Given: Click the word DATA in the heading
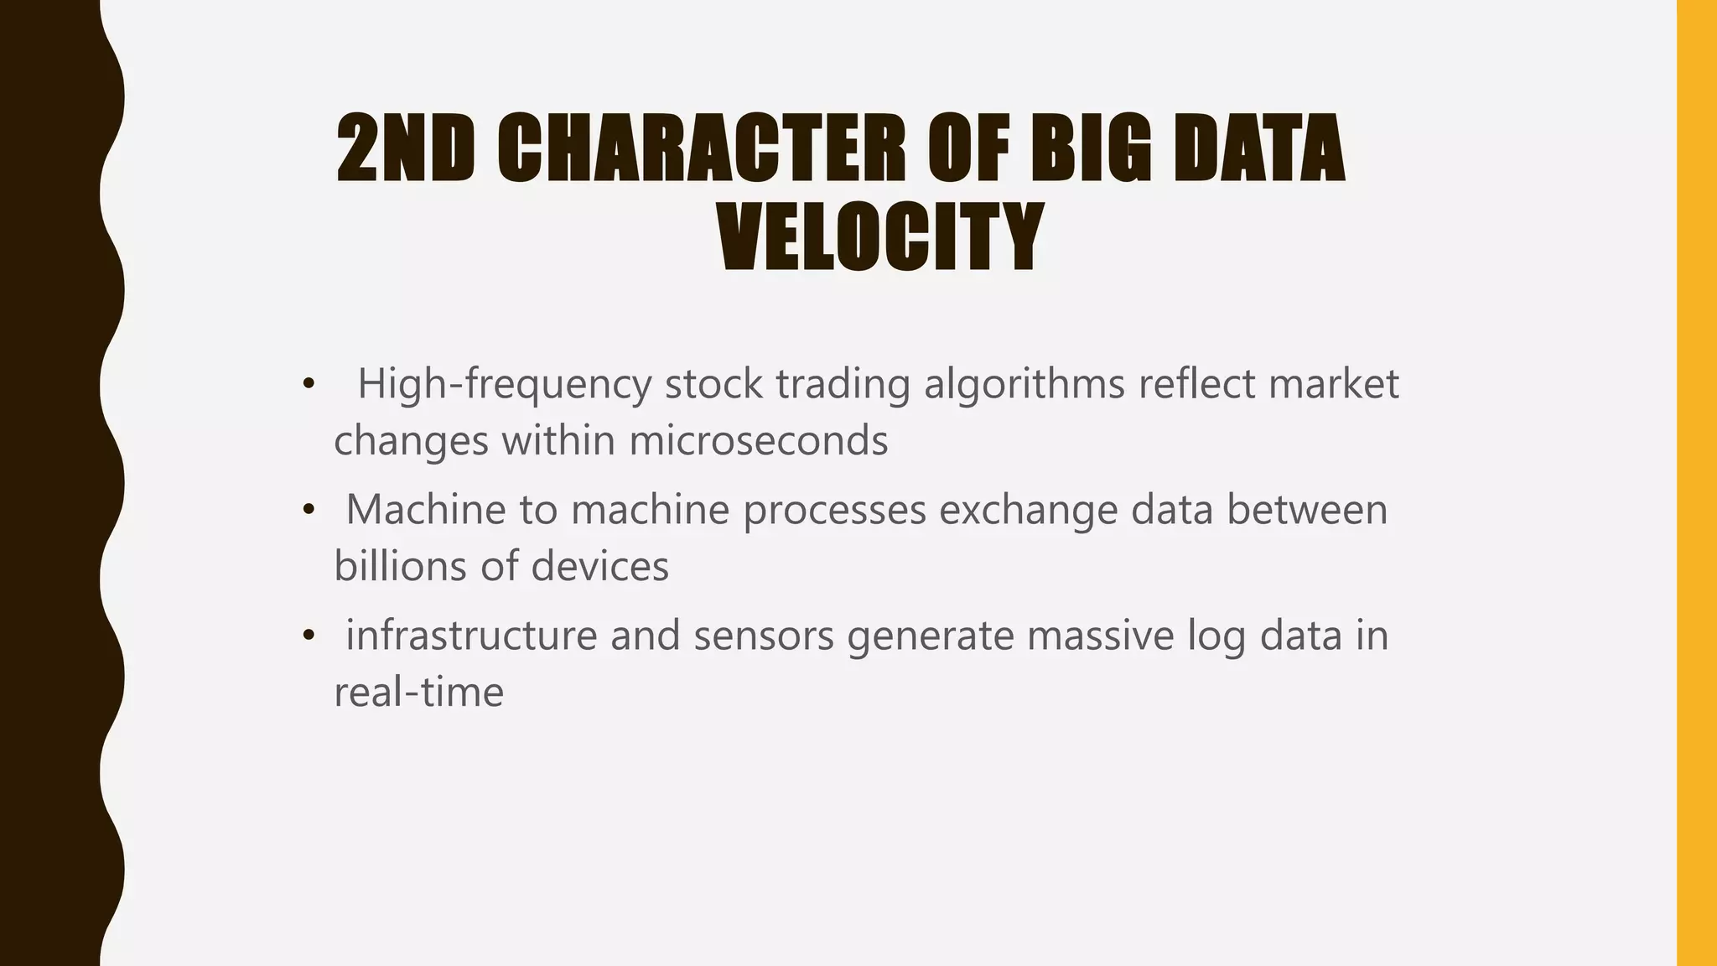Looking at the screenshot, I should pos(1258,148).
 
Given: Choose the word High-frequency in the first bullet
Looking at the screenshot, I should pos(504,385).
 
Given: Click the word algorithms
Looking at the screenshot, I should pos(1024,385).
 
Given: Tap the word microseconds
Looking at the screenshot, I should pos(758,440).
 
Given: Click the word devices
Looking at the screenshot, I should pos(599,566).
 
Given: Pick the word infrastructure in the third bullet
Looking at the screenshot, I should pos(471,636).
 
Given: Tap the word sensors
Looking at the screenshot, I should pos(764,636).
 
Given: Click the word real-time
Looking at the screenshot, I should pos(418,692).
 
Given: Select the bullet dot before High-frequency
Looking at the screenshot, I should pos(309,385).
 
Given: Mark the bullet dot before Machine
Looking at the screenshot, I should pos(309,510).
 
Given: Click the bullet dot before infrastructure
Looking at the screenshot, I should pos(309,636).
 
